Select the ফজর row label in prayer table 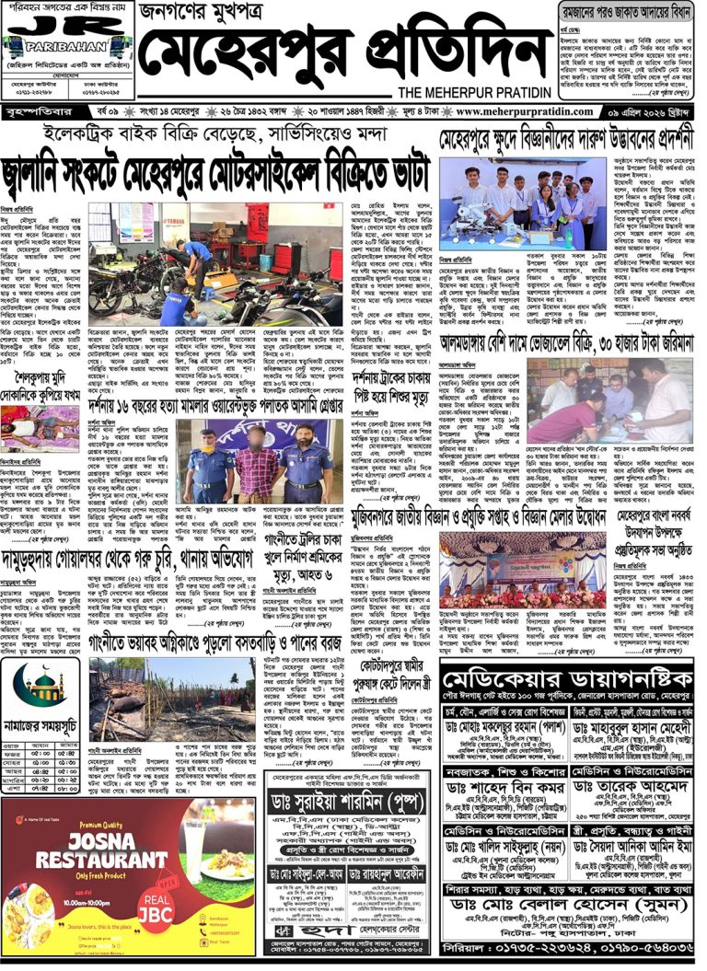point(16,751)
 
